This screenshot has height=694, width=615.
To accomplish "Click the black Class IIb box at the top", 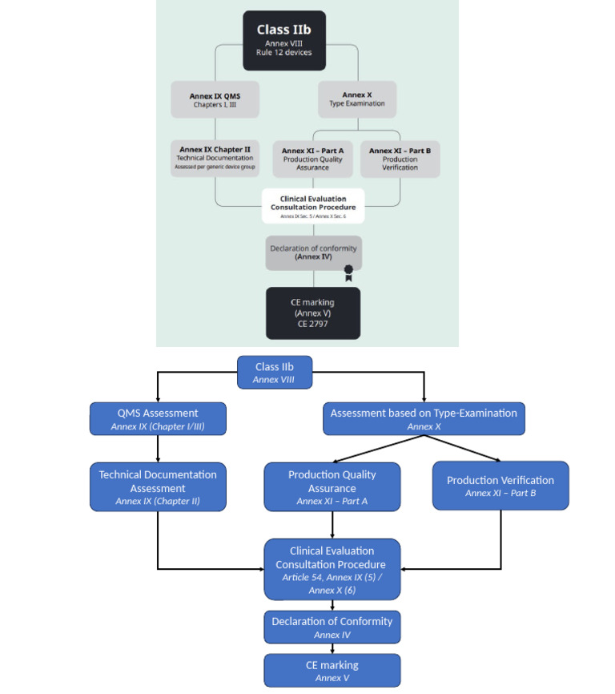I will click(284, 40).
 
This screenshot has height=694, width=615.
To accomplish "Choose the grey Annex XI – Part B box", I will click(400, 159).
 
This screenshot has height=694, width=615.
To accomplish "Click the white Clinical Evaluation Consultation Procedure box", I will click(312, 205).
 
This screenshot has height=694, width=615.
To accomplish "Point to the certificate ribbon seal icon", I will click(348, 272).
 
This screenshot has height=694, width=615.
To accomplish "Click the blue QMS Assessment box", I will click(158, 419).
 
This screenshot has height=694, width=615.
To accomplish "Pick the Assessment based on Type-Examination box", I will click(424, 419).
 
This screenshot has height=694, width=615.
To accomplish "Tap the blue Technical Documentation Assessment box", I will click(158, 487).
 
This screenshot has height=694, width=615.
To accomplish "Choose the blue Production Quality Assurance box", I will click(332, 487).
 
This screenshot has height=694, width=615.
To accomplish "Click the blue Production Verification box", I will click(500, 486).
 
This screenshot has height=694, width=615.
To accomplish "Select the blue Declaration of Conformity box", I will click(332, 627).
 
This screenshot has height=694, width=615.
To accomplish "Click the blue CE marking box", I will click(332, 670).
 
